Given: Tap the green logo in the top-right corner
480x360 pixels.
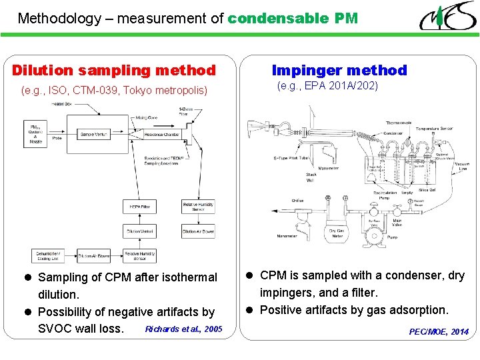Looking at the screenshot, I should click(447, 16).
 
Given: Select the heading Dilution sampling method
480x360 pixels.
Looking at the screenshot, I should click(114, 70).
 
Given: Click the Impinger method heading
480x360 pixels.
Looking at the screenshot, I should click(339, 70).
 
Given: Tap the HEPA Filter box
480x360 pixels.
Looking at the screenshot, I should click(139, 207).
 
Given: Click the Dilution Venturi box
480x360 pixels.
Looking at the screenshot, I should click(139, 231).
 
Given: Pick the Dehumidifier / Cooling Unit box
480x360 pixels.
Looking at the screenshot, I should click(49, 256).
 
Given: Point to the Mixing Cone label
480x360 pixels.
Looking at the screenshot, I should click(146, 117).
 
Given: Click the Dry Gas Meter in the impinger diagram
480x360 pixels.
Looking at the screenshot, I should click(336, 233).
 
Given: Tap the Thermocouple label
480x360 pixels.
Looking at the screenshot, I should click(399, 123).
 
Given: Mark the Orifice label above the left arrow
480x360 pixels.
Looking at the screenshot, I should click(297, 199).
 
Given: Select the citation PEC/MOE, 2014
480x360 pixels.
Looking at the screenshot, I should click(438, 331).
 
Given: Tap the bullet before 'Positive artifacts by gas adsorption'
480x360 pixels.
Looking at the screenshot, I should click(247, 310).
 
